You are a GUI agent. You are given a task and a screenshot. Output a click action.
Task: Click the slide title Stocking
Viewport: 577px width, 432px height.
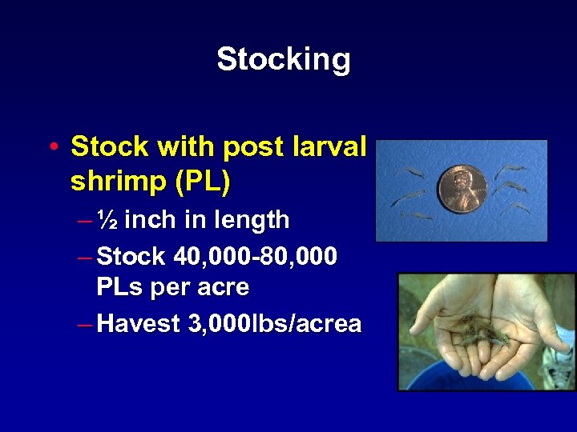pos(283,59)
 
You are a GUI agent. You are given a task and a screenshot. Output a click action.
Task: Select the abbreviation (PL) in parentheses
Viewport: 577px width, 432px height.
pos(203,182)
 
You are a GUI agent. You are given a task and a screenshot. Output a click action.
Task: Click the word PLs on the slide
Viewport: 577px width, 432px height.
pos(121,286)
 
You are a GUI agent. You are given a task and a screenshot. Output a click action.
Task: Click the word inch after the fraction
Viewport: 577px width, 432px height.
pos(150,219)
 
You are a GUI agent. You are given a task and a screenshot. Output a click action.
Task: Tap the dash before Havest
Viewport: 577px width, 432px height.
pos(85,324)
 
